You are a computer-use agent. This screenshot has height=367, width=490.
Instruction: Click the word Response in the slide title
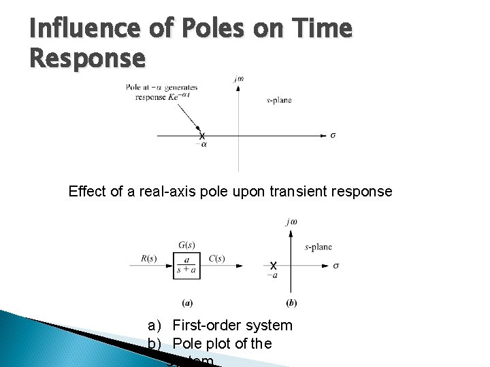[x=87, y=58]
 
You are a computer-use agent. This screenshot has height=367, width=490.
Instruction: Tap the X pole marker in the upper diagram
[x=202, y=136]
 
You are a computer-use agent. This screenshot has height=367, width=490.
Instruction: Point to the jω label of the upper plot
[x=238, y=79]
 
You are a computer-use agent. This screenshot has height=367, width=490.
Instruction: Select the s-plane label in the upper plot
[x=279, y=100]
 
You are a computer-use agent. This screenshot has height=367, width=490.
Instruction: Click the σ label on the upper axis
[x=333, y=135]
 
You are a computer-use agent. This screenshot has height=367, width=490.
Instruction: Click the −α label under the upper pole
[x=202, y=144]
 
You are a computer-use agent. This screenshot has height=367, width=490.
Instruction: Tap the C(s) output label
[x=217, y=258]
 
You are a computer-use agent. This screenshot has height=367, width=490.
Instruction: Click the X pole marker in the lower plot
[x=273, y=265]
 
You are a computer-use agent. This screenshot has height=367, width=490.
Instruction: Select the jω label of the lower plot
[x=292, y=222]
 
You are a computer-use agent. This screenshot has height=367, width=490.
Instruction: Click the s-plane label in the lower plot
[x=318, y=247]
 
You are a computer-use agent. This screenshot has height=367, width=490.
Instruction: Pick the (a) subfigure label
[x=186, y=302]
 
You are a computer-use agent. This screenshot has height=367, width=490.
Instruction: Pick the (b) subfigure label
[x=292, y=302]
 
